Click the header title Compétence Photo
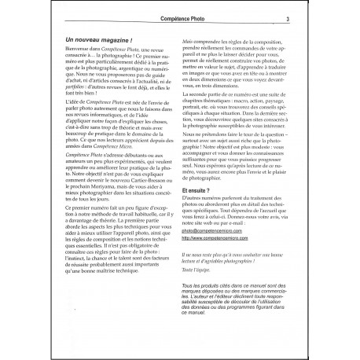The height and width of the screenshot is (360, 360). click(x=179, y=19)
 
